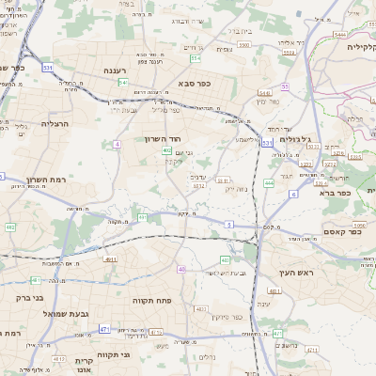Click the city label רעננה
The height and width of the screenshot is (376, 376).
[x=121, y=70]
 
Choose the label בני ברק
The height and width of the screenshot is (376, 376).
[x=29, y=298]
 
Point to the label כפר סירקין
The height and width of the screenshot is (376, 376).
[x=227, y=317]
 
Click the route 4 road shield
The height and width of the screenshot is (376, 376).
[x=117, y=144]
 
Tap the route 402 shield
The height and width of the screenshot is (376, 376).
[x=166, y=149]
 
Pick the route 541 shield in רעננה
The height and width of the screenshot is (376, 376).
[x=123, y=83]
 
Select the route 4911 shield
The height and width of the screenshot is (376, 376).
[x=111, y=258]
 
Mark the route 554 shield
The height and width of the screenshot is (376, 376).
[x=196, y=58]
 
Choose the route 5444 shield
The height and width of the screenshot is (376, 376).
[x=338, y=35]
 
